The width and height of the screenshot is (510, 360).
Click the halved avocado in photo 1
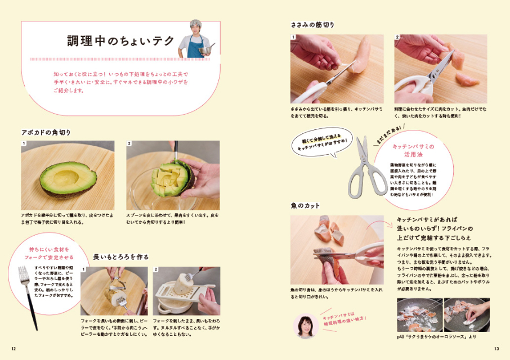pyautogui.click(x=67, y=180)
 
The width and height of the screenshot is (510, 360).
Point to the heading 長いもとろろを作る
pyautogui.click(x=120, y=256)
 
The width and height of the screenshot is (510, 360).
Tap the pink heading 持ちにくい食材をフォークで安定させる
pyautogui.click(x=48, y=253)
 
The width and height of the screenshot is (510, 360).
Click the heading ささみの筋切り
pyautogui.click(x=312, y=25)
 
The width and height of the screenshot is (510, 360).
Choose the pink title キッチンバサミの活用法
pyautogui.click(x=412, y=150)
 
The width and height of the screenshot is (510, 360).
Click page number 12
pyautogui.click(x=14, y=349)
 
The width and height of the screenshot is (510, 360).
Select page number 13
pyautogui.click(x=496, y=349)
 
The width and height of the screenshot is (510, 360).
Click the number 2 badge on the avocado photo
pyautogui.click(x=129, y=143)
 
